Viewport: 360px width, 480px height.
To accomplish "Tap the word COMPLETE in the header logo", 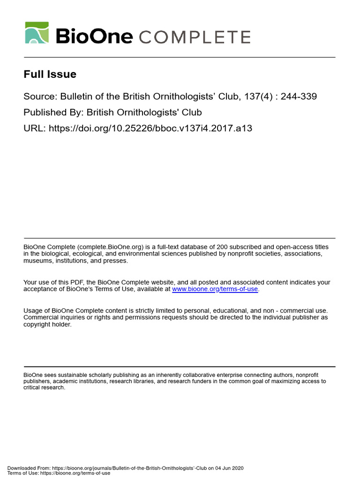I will (x=195, y=37).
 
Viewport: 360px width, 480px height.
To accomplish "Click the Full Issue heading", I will (x=50, y=74).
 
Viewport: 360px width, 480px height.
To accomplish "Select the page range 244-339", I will (x=299, y=97).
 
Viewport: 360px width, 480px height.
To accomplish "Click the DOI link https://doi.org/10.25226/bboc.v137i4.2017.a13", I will (x=150, y=128).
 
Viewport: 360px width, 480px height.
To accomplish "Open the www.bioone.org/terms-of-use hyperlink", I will (x=215, y=289).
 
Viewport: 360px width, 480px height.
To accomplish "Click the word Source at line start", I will (x=39, y=97).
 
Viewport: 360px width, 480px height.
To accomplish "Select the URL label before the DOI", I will (x=33, y=128).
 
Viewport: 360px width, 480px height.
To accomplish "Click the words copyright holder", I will (x=47, y=324).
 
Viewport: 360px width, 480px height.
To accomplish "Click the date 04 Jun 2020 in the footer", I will (x=229, y=468).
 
